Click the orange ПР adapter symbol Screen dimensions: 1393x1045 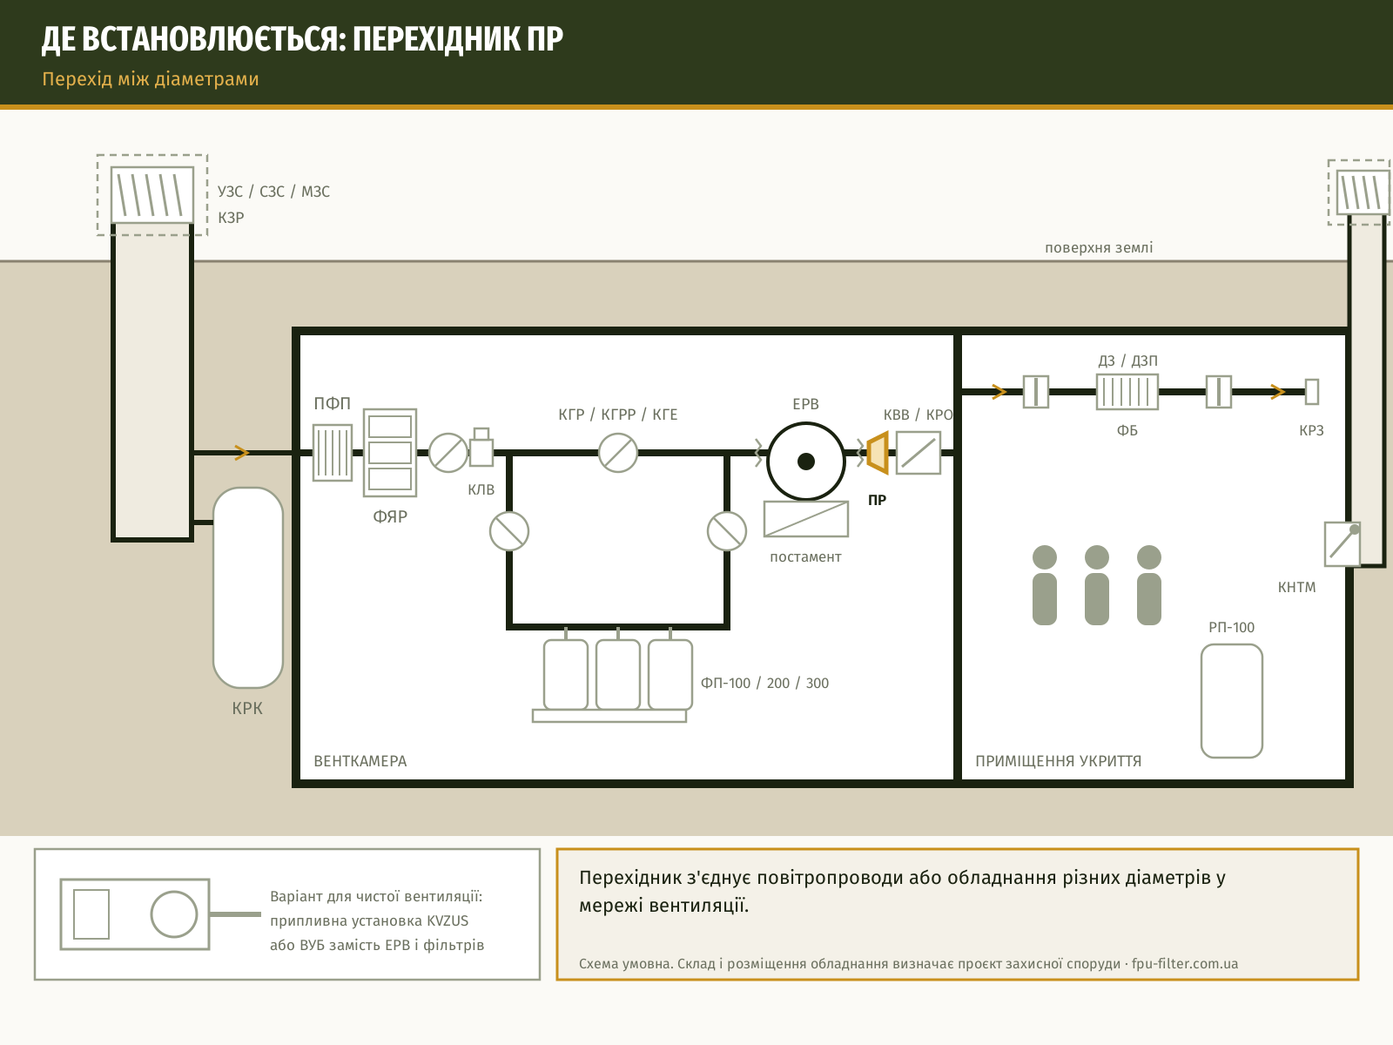[x=878, y=452]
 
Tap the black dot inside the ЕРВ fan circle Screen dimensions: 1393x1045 [x=806, y=462]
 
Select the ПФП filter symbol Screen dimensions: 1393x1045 [x=333, y=452]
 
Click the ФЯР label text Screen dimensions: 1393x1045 [x=390, y=516]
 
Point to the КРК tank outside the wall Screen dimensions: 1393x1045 [x=248, y=588]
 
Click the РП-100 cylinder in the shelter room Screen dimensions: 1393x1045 [x=1232, y=700]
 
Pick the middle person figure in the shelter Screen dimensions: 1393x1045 [x=1097, y=585]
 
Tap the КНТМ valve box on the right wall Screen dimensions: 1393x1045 [x=1343, y=543]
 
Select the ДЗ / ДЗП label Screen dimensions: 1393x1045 [x=1127, y=361]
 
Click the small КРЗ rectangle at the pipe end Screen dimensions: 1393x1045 [x=1312, y=392]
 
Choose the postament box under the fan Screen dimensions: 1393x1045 [x=806, y=519]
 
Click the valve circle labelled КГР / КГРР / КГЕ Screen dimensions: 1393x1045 [x=618, y=452]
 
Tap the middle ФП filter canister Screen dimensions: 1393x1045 [x=618, y=674]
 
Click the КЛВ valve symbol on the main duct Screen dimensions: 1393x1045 [x=481, y=448]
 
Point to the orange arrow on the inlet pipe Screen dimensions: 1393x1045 [x=241, y=452]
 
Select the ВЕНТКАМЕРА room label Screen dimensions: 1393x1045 [x=360, y=761]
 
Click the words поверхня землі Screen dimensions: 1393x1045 [x=1099, y=247]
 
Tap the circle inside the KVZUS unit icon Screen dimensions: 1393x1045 [x=174, y=914]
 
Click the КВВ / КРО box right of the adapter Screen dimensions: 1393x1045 [x=919, y=452]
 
